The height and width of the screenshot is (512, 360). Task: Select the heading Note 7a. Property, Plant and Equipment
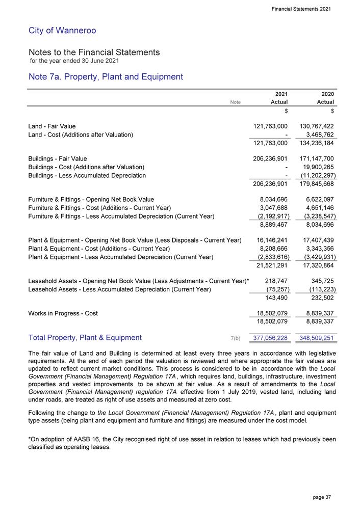106,77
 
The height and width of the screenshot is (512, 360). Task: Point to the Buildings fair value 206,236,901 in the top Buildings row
268,158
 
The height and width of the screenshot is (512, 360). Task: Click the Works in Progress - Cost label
63,313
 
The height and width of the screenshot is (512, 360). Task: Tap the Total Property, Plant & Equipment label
85,337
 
